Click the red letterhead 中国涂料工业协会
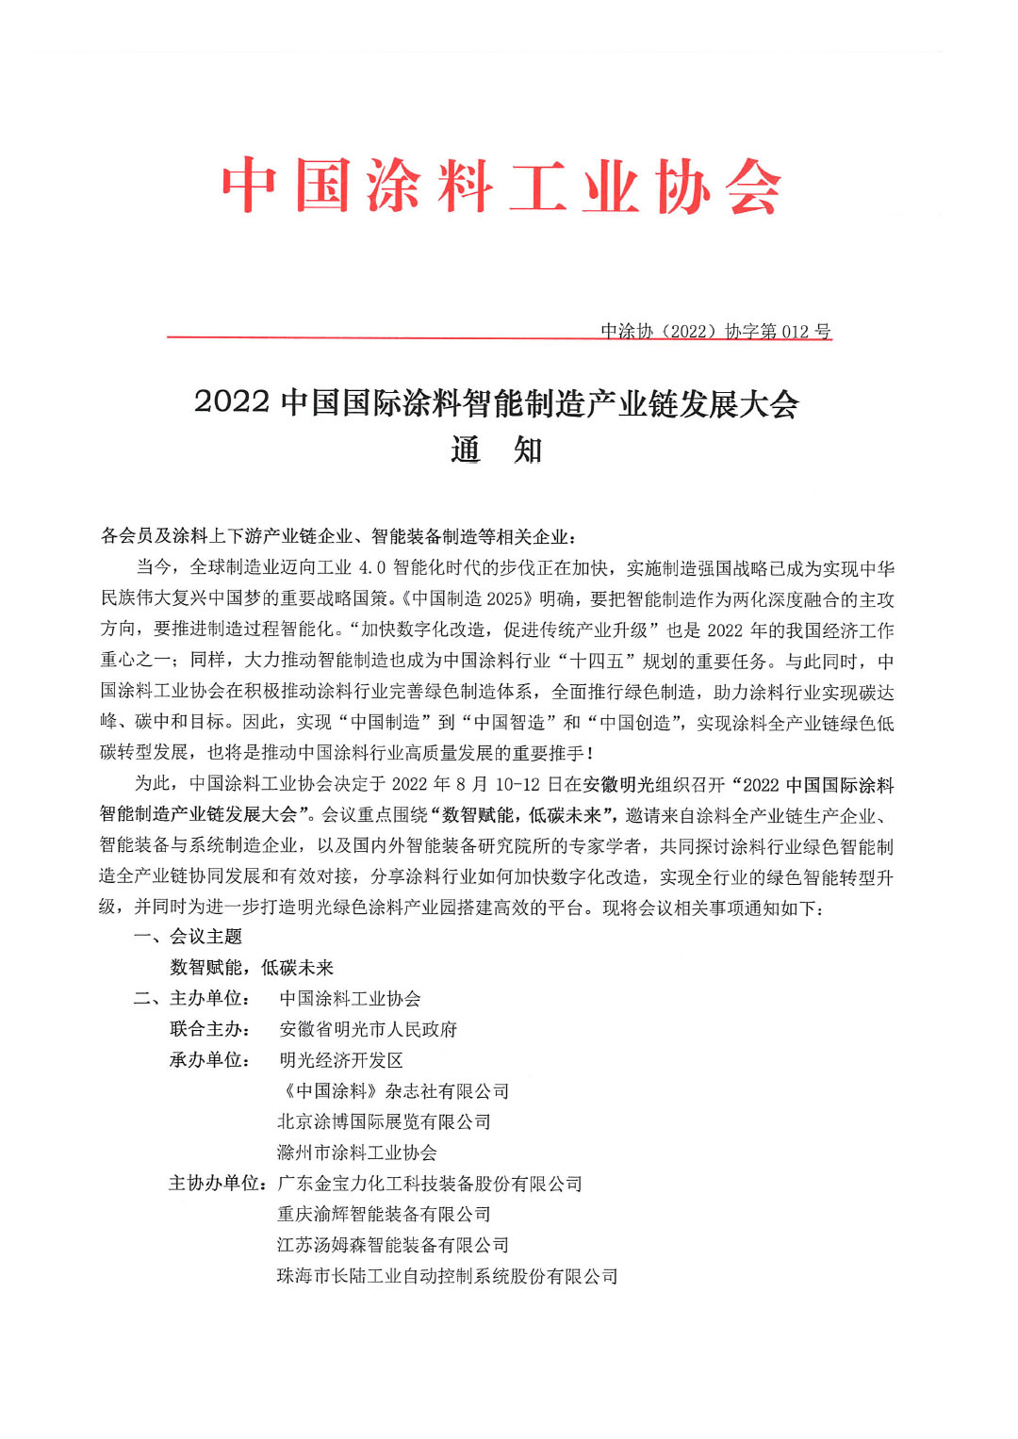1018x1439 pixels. (501, 187)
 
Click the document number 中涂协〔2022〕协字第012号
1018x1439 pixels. (715, 331)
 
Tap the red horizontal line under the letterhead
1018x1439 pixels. (377, 336)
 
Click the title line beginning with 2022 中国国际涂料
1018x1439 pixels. (497, 403)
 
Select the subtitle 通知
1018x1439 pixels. (497, 450)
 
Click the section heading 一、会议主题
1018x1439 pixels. (189, 937)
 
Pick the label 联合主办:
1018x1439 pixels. (209, 1029)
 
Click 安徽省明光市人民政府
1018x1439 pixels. (369, 1029)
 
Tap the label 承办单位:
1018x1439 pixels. (209, 1060)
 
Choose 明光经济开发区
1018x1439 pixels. (341, 1060)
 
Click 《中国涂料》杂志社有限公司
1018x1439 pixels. (393, 1091)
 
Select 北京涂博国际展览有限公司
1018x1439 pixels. (385, 1121)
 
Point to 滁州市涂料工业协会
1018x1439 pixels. (357, 1153)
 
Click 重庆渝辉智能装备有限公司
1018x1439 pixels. (385, 1214)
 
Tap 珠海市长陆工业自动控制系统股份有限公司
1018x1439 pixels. (448, 1276)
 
